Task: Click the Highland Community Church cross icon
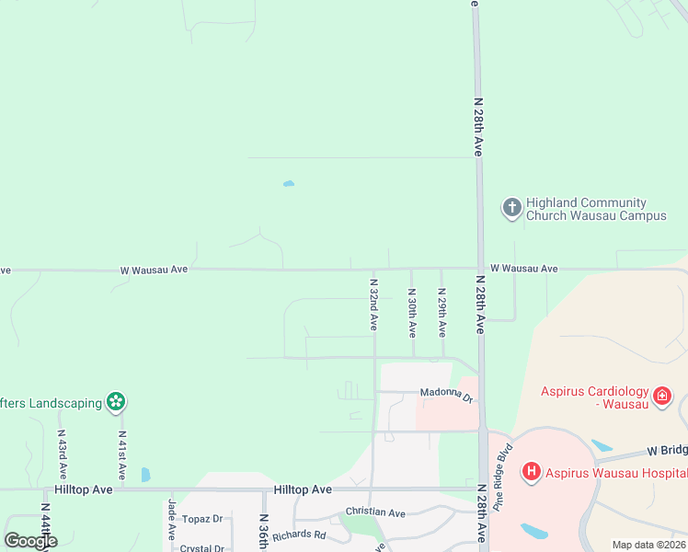pyautogui.click(x=511, y=208)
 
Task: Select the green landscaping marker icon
pyautogui.click(x=115, y=402)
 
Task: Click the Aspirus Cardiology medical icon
pyautogui.click(x=662, y=397)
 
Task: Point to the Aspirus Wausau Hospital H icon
pyautogui.click(x=531, y=473)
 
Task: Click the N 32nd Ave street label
pyautogui.click(x=373, y=305)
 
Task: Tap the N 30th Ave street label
pyautogui.click(x=412, y=312)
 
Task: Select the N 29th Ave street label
pyautogui.click(x=442, y=312)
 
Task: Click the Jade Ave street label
pyautogui.click(x=171, y=521)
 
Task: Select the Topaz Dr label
pyautogui.click(x=204, y=519)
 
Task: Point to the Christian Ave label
pyautogui.click(x=375, y=512)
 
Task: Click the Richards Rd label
pyautogui.click(x=299, y=535)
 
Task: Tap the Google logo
pyautogui.click(x=30, y=541)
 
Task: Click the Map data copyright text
pyautogui.click(x=648, y=545)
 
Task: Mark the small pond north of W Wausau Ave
pyautogui.click(x=289, y=184)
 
